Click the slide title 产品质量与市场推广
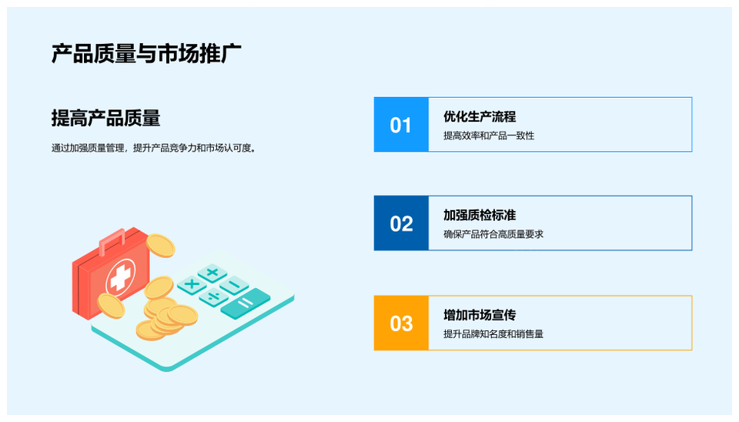[146, 53]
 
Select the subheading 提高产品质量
[105, 118]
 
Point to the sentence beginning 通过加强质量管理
[154, 148]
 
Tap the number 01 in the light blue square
[400, 126]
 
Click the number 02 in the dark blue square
[401, 223]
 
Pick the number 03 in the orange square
[401, 323]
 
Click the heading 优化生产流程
[480, 116]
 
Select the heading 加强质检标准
[480, 215]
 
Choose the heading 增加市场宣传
[480, 314]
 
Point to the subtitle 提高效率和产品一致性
[489, 136]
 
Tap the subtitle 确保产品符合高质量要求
[493, 234]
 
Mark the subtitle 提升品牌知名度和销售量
[493, 334]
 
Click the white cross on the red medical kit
[120, 276]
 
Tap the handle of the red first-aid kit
[112, 239]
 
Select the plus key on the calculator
[212, 273]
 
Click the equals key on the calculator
[246, 303]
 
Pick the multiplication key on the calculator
[192, 284]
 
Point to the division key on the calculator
[213, 297]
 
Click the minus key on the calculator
[234, 285]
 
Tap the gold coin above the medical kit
[160, 246]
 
